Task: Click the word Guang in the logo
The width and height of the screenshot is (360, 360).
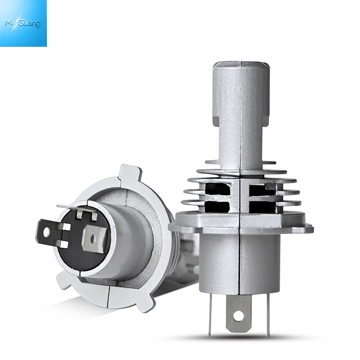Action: click(30, 23)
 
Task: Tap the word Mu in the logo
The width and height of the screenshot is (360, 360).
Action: click(10, 23)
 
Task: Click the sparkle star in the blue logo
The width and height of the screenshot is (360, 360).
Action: click(16, 23)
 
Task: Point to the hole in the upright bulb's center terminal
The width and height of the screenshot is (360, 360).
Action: click(238, 316)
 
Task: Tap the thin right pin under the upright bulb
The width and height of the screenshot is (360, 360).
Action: click(268, 315)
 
